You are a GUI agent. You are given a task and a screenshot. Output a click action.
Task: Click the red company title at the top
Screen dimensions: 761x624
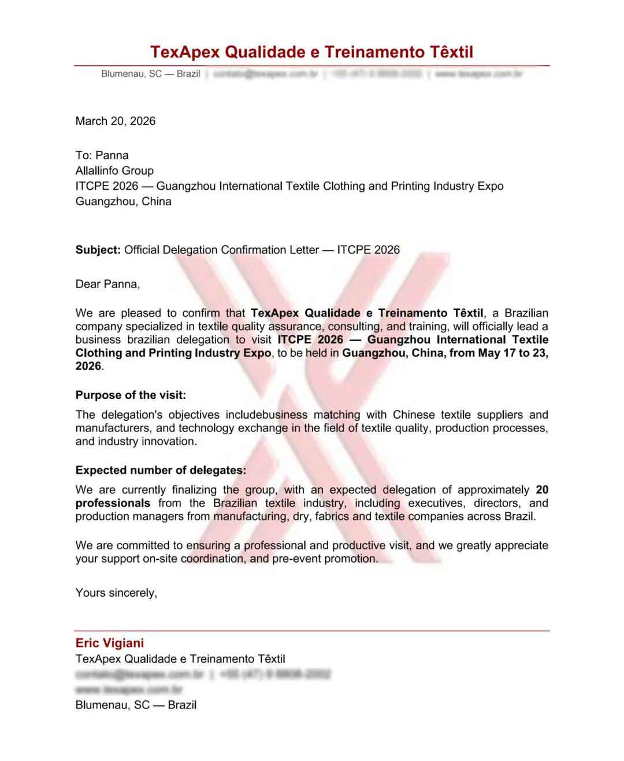pos(311,52)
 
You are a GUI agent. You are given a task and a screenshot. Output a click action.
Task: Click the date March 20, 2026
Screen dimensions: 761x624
pos(116,121)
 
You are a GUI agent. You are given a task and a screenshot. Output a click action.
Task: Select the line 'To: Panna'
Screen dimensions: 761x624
pos(102,155)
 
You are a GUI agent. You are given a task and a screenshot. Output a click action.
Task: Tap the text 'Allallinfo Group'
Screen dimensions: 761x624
pos(114,171)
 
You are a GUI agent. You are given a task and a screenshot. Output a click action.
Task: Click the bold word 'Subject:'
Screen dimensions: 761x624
pos(98,250)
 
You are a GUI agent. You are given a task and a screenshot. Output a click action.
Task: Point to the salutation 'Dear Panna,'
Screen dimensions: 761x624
pos(107,284)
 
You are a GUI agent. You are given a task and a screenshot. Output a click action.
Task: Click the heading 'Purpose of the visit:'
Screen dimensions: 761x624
pos(131,395)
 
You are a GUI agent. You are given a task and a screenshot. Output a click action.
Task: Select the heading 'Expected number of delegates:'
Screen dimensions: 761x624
pos(161,470)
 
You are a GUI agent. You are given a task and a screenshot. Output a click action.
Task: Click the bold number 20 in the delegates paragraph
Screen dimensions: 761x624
pos(542,490)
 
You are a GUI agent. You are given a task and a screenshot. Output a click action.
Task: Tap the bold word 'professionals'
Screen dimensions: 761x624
pos(113,503)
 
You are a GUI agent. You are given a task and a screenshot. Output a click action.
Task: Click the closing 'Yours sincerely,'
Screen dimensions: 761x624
pos(116,593)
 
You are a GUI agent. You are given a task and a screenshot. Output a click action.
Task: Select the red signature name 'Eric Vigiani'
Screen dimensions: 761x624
pos(110,643)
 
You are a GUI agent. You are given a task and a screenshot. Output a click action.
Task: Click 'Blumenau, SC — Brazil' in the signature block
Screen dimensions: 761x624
pos(136,705)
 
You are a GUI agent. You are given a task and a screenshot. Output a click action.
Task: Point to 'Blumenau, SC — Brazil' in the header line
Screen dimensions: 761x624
pos(151,74)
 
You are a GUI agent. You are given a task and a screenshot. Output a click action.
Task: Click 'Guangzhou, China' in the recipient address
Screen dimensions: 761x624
pos(124,201)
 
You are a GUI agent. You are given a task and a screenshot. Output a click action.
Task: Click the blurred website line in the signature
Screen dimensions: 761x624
pos(129,689)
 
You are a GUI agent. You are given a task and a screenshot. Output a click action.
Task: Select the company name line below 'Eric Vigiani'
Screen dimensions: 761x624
pos(180,659)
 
